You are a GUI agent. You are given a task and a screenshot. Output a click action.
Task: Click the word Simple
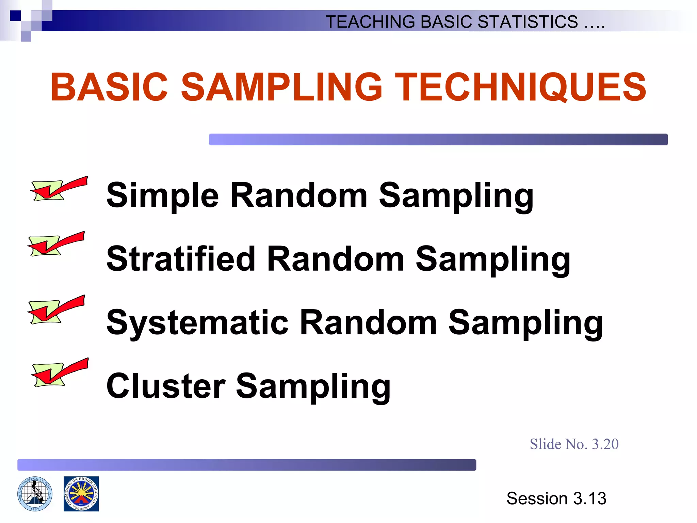pos(163,195)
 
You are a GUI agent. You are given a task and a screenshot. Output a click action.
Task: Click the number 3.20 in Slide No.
pos(605,444)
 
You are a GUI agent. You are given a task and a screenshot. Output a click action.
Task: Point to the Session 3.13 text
pos(556,498)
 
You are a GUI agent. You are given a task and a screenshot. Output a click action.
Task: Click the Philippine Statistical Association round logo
pos(35,494)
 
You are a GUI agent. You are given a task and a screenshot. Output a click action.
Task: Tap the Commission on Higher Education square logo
pos(81,494)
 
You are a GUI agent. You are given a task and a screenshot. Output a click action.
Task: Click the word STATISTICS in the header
pos(528,22)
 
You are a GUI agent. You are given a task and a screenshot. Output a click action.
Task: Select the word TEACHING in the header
pos(370,22)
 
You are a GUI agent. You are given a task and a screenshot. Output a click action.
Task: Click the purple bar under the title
pos(438,139)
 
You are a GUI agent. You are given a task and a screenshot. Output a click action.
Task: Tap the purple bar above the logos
pos(246,465)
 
